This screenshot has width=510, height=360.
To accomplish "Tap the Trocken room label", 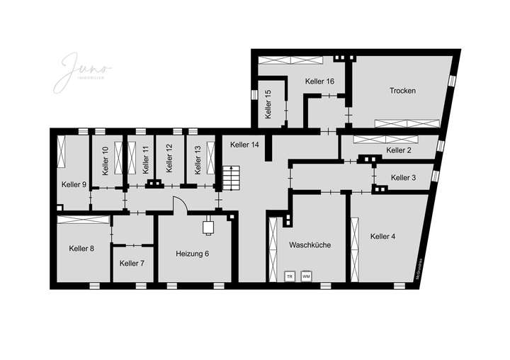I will point(402,91).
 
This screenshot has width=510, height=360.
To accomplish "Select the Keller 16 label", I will point(319,81).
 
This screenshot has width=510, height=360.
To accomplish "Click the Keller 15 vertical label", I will point(268,104).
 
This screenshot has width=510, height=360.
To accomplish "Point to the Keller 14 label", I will point(245,145).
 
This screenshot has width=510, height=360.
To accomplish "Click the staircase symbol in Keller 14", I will point(232,177).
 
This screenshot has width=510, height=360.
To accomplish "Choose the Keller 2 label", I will point(399,150).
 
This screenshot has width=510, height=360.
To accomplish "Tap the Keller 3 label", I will point(403,178).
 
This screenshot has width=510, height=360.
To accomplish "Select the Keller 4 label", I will point(387,236).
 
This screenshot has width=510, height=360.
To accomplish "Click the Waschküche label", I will point(310,244).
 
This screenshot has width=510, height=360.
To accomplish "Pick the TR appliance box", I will point(289,276).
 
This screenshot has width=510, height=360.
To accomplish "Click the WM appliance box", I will point(306,276).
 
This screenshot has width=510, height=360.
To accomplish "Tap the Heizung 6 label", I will point(192,253).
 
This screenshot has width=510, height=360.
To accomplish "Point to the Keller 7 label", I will point(132,263).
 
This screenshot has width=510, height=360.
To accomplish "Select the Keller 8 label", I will point(81,248).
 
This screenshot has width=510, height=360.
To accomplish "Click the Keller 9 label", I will point(74,184).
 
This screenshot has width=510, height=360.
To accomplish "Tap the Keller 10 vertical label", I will point(105,161).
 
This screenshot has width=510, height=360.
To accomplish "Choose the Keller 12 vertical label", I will point(169,159).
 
